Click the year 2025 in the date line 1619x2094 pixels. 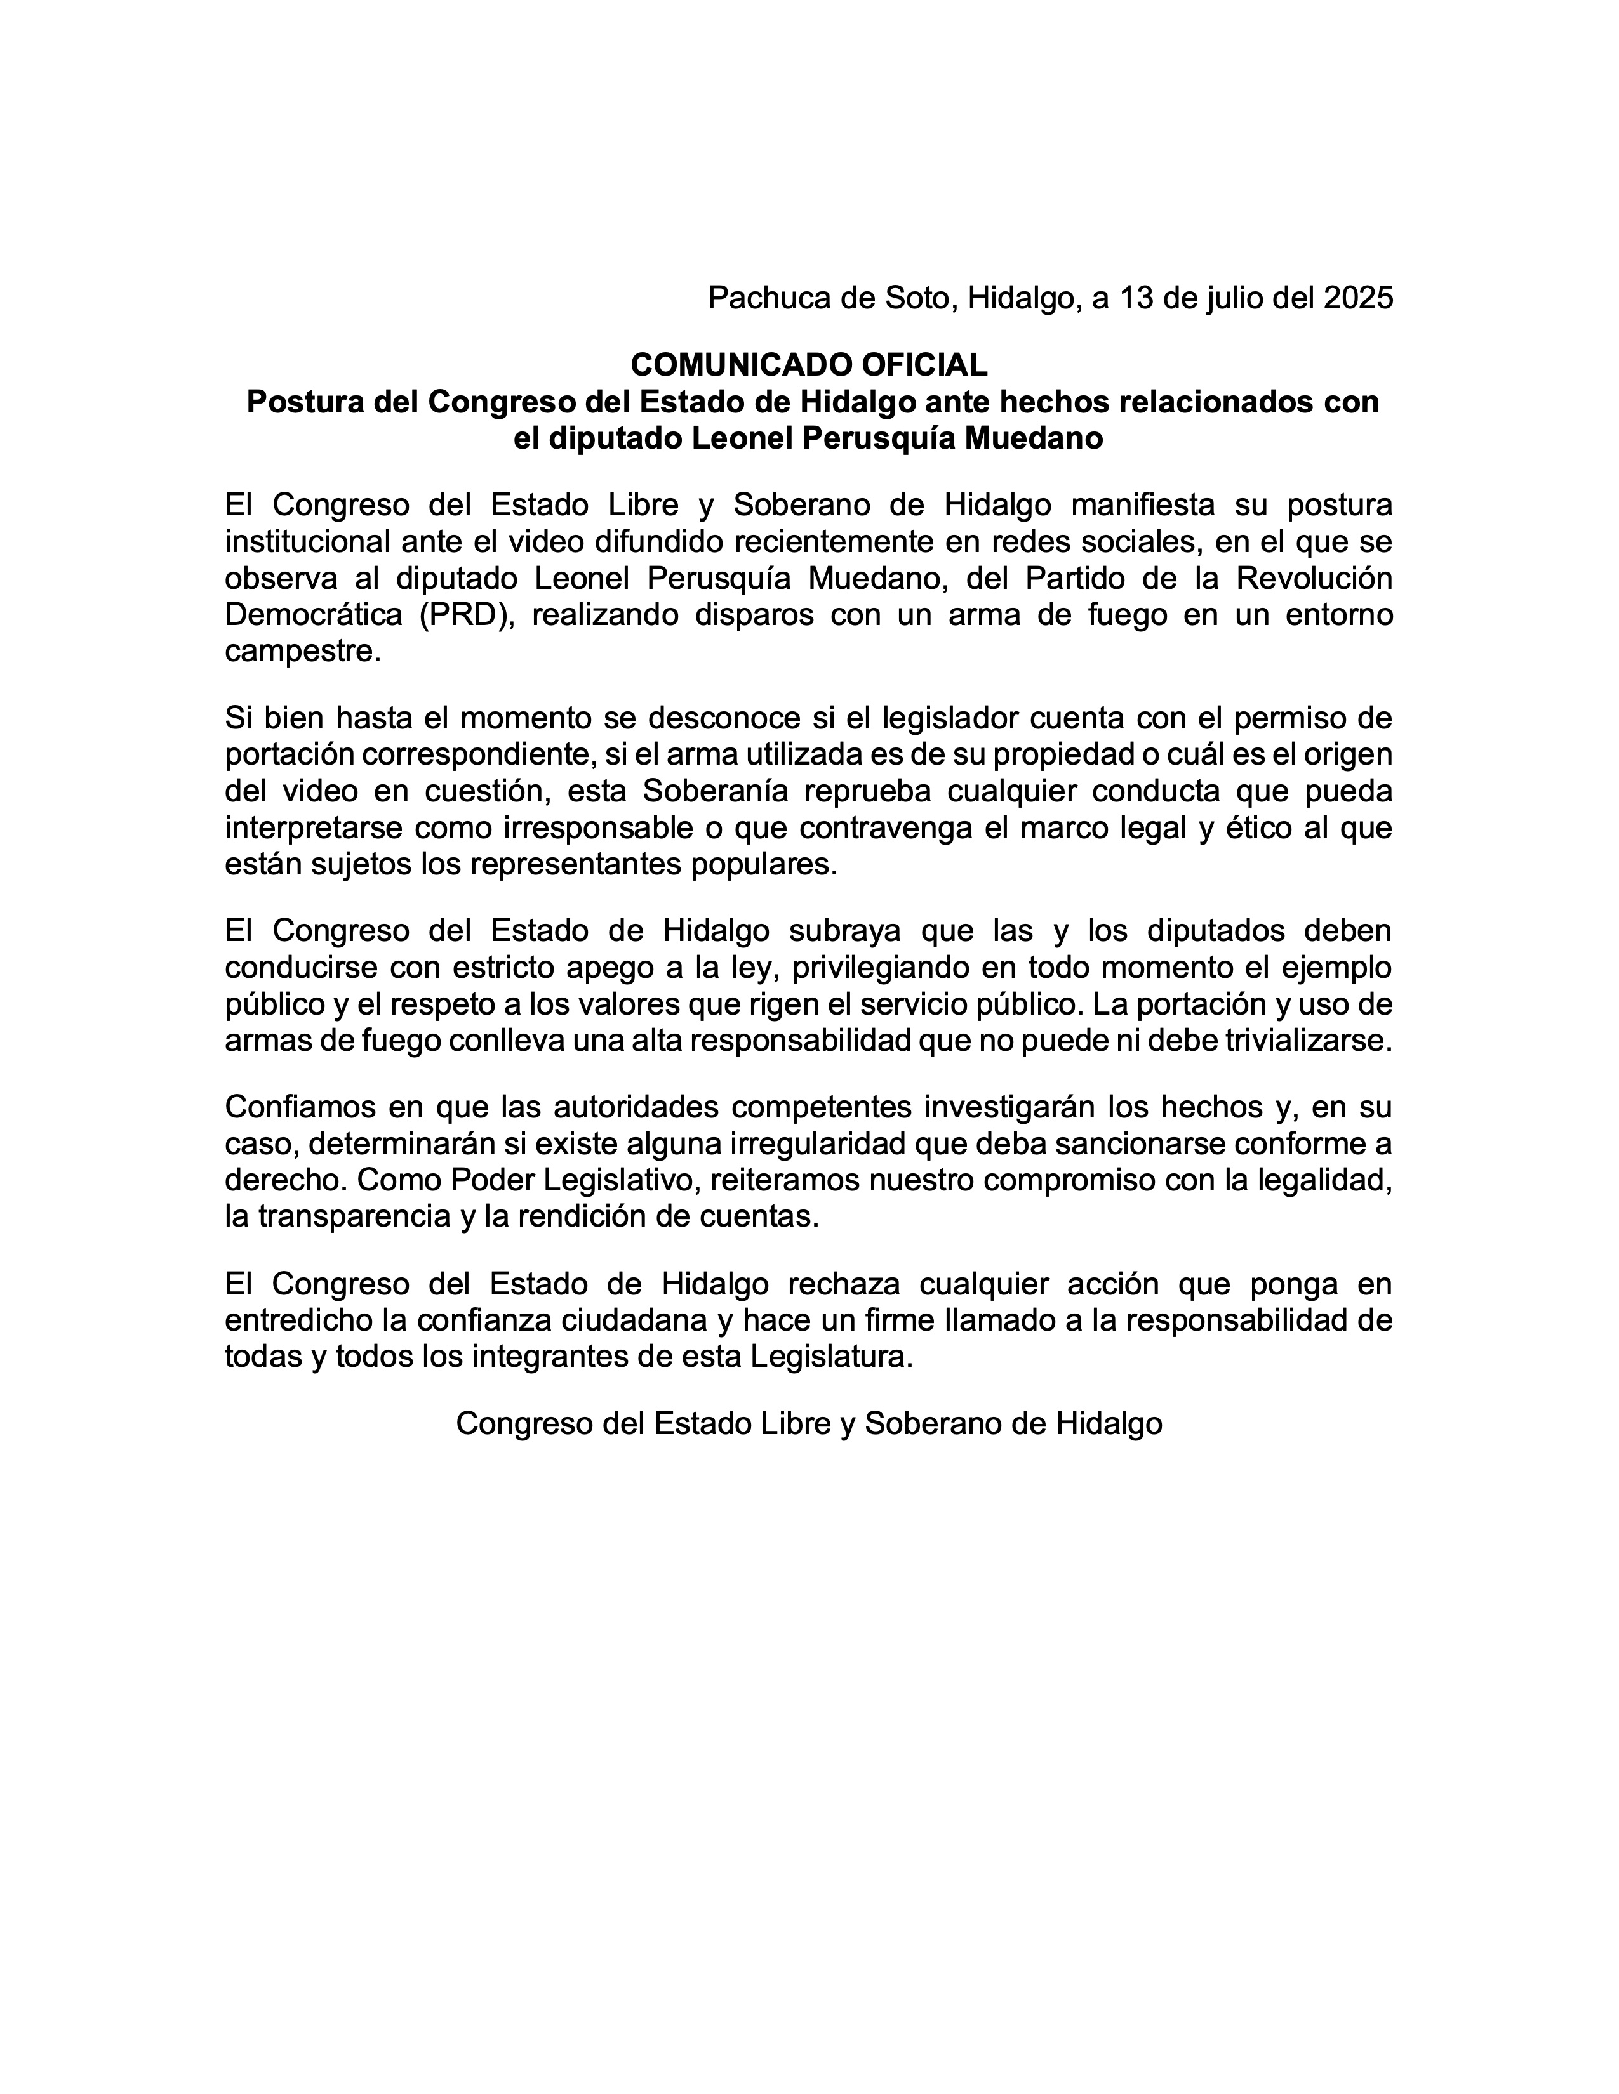pos(1357,298)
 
